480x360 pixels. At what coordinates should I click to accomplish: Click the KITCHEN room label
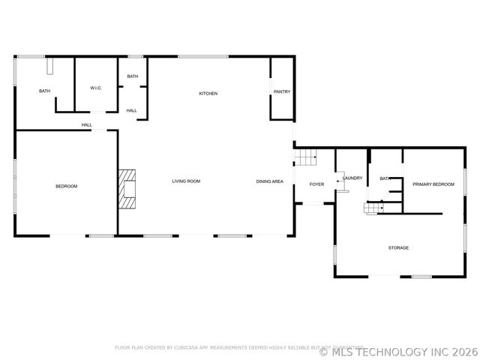pos(208,94)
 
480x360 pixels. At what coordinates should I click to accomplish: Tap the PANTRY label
pos(282,91)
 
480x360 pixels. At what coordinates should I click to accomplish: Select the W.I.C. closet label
pos(96,88)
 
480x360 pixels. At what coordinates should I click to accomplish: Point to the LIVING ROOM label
pos(186,181)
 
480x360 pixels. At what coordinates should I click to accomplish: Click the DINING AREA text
pos(269,181)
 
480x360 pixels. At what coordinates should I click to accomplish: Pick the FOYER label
pos(316,184)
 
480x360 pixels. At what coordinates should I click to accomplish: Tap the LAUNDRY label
pos(353,178)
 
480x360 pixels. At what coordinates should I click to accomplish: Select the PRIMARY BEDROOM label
pos(433,184)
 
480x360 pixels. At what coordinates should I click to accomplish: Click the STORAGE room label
pos(398,247)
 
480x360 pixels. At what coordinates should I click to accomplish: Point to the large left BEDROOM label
pos(66,186)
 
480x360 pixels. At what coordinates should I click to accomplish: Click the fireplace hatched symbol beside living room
pos(127,187)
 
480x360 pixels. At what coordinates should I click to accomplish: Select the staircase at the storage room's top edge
pos(373,207)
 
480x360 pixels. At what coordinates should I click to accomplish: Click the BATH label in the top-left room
pos(45,91)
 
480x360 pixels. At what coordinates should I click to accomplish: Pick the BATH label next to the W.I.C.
pos(133,76)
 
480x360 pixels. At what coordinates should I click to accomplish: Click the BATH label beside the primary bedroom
pos(385,178)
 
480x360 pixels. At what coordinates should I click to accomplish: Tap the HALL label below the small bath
pos(132,111)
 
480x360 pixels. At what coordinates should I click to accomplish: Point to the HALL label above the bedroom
pos(87,125)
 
